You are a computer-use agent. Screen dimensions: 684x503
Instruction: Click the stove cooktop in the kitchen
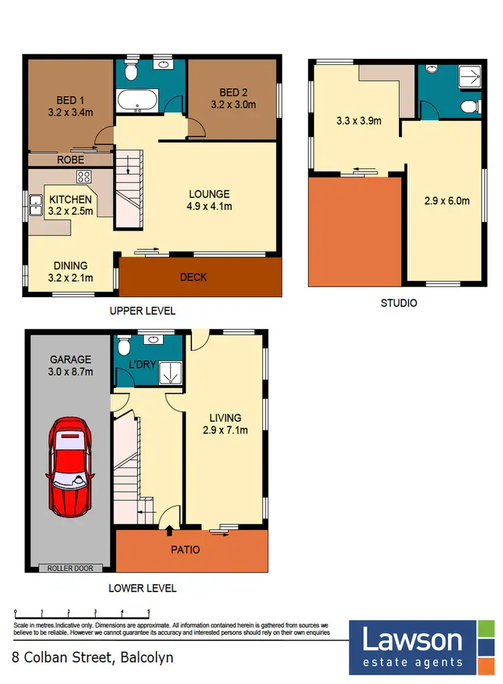[x=85, y=178]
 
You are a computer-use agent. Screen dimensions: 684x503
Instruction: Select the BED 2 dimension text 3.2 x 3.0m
[x=233, y=105]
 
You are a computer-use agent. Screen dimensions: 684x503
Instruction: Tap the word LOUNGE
[x=209, y=194]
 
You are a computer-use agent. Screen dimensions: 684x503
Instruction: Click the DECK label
[x=194, y=277]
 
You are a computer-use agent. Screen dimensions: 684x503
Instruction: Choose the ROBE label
[x=70, y=160]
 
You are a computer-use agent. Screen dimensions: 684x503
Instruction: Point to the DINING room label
[x=70, y=266]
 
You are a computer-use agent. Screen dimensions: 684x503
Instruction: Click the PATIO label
[x=185, y=549]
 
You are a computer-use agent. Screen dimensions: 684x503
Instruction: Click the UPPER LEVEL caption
[x=143, y=310]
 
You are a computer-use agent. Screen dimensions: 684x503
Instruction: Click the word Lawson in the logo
[x=412, y=640]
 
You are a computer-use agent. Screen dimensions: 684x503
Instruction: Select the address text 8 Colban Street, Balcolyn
[x=93, y=657]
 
